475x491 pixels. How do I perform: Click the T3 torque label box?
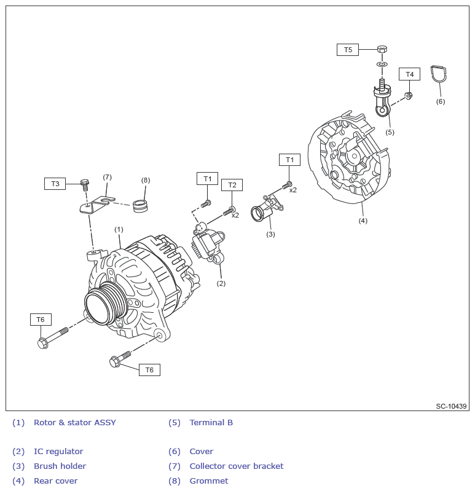click(x=55, y=184)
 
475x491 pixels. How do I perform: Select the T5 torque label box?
click(x=347, y=50)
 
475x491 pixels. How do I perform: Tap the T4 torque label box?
click(x=409, y=74)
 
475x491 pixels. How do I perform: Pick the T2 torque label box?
click(x=232, y=185)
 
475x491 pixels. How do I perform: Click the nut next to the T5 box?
click(x=381, y=49)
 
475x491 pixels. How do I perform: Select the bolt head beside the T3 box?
click(x=85, y=183)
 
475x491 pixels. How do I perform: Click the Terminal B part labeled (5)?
click(x=382, y=101)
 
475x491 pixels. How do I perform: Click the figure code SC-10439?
click(x=451, y=406)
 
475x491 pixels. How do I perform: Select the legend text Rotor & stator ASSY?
click(x=74, y=423)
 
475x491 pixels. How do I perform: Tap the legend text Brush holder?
click(x=60, y=466)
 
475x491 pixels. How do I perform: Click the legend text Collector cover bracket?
click(x=236, y=466)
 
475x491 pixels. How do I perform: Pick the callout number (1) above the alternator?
click(x=119, y=229)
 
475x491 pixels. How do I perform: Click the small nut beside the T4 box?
click(x=408, y=95)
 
